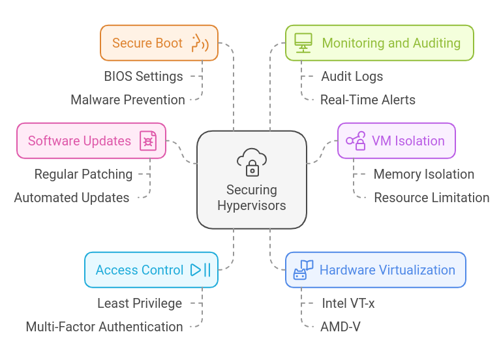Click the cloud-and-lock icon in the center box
tap(252, 162)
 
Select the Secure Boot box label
tap(147, 43)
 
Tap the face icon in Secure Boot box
tap(199, 43)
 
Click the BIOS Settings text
tap(144, 76)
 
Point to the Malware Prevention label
tap(128, 100)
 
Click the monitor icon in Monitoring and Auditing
tap(303, 43)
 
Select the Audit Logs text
tap(352, 76)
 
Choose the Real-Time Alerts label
tap(367, 100)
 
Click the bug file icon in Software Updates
tap(148, 141)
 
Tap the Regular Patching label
tap(83, 174)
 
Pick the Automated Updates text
tap(72, 198)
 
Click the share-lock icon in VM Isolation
tap(356, 141)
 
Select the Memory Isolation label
tap(423, 174)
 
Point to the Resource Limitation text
tap(431, 198)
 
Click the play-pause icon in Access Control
tap(200, 270)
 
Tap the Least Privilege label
tap(140, 303)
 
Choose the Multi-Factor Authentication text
tap(104, 327)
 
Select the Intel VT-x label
tap(348, 303)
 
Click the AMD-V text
tap(340, 327)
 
